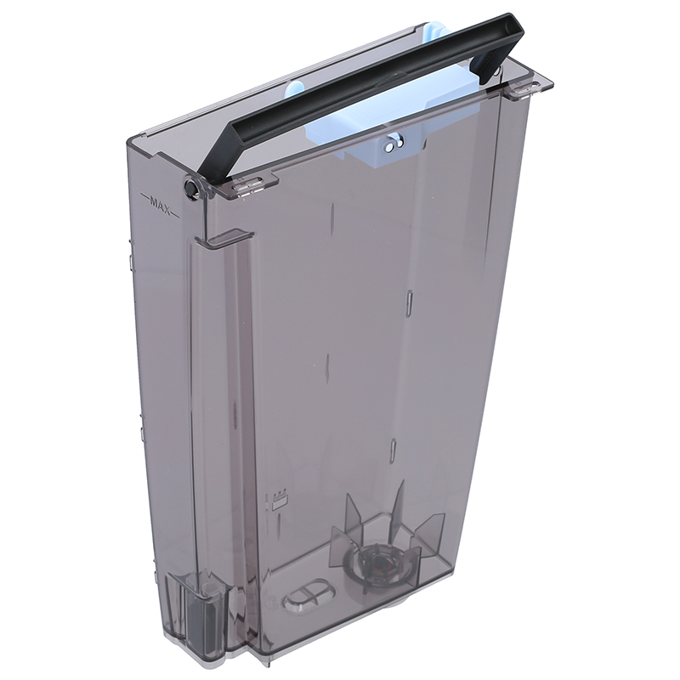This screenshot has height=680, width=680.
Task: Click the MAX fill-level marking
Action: (161, 201)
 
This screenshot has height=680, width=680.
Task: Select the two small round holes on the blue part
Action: (394, 144)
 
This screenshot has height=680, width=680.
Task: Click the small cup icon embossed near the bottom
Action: (281, 498)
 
